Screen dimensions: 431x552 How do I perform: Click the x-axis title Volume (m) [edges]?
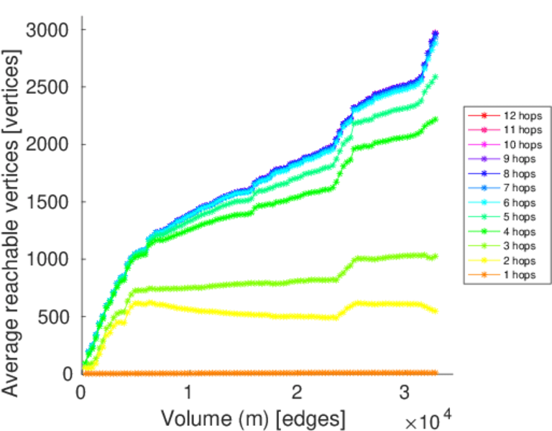coord(253,417)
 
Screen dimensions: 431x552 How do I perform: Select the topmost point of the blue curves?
coord(436,33)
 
